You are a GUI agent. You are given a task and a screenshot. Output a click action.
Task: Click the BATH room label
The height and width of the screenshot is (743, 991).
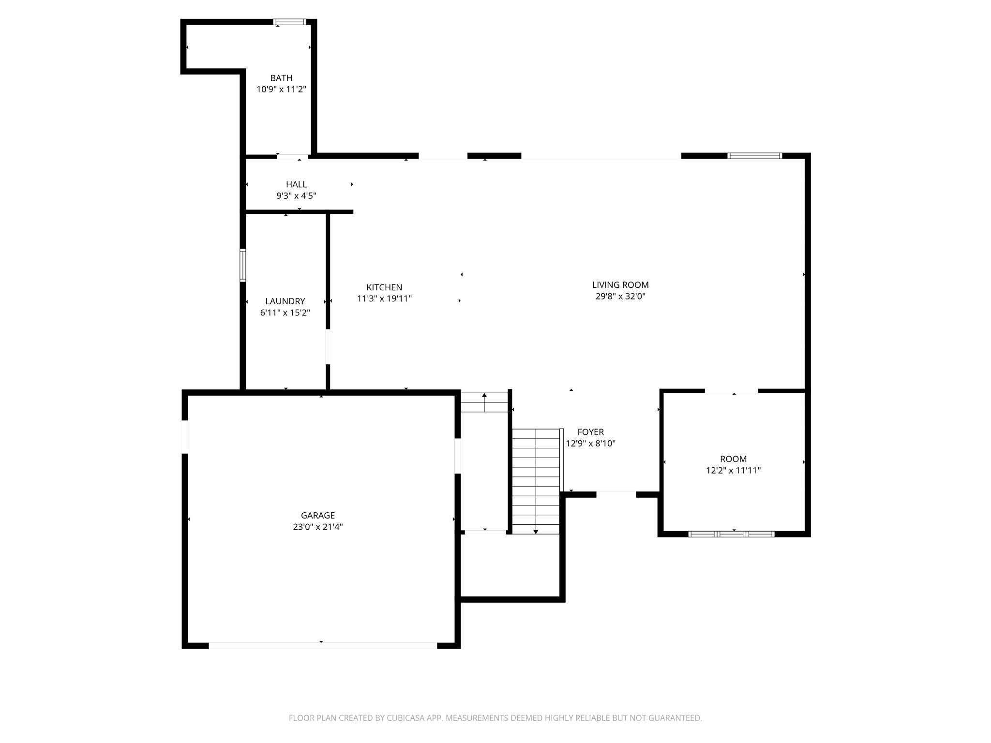click(281, 78)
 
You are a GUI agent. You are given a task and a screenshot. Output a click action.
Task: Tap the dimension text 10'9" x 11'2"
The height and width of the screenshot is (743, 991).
click(281, 89)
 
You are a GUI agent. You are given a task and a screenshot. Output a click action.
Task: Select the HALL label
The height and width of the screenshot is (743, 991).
click(296, 184)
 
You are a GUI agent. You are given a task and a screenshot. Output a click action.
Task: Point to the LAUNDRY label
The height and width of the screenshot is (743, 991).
click(285, 301)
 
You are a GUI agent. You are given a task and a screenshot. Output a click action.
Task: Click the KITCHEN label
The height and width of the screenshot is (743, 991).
click(384, 287)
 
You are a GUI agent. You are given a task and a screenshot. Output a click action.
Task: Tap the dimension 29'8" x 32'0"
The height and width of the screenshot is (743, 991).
click(620, 297)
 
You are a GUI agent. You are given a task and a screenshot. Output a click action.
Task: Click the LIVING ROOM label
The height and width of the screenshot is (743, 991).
click(620, 285)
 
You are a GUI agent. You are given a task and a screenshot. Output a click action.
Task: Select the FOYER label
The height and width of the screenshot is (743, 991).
click(590, 432)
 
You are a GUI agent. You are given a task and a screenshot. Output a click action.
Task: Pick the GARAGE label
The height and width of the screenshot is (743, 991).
click(317, 516)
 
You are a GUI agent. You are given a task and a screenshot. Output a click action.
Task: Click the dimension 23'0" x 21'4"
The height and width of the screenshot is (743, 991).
click(317, 527)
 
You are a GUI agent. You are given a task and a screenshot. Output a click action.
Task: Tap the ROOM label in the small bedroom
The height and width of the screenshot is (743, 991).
click(733, 459)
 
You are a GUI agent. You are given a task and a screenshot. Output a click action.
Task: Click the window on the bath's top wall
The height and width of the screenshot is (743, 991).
click(289, 22)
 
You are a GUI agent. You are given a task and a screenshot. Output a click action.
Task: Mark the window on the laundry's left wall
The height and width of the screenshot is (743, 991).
click(243, 265)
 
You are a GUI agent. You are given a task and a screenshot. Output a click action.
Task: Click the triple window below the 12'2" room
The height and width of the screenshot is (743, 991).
click(731, 534)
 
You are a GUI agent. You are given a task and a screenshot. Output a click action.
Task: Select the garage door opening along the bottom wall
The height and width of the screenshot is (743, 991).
click(322, 645)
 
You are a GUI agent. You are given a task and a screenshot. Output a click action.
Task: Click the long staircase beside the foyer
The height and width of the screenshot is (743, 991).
click(536, 481)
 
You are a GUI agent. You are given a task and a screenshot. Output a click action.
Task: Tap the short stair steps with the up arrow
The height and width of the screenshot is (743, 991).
click(484, 402)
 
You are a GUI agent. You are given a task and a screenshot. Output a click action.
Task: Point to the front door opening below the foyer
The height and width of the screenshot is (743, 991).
click(616, 494)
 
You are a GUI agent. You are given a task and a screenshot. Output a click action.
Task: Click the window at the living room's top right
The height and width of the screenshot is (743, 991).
click(754, 156)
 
